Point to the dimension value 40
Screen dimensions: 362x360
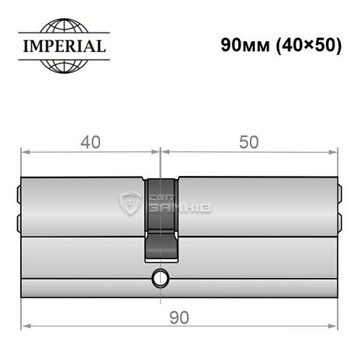[90, 142]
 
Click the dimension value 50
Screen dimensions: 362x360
[249, 142]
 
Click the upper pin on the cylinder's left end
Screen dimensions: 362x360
[18, 194]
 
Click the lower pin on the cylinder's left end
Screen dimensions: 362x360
[18, 220]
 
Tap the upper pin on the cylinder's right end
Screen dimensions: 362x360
[339, 194]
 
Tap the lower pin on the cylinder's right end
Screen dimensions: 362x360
[339, 220]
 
